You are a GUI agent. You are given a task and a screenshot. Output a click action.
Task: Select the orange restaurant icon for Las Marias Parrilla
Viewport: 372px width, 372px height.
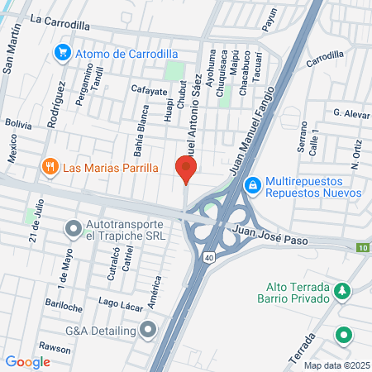pyautogui.click(x=50, y=167)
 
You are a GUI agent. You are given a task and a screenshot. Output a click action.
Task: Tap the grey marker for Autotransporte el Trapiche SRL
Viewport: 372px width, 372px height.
pyautogui.click(x=74, y=226)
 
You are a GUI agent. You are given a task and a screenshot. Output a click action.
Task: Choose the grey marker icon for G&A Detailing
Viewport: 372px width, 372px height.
pyautogui.click(x=148, y=330)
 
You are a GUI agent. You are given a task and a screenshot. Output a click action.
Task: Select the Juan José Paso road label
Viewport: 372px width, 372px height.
pyautogui.click(x=270, y=237)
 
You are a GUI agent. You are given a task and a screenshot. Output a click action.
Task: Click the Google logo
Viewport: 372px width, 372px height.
pyautogui.click(x=27, y=360)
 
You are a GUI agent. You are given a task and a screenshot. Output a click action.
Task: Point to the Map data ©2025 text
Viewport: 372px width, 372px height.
pyautogui.click(x=336, y=365)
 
